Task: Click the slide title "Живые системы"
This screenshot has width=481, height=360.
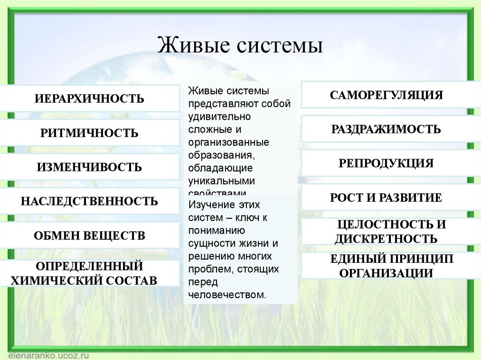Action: click(x=240, y=46)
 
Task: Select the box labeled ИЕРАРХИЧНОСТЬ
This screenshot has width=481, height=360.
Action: click(x=89, y=99)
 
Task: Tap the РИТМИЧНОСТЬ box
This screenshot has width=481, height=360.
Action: click(x=89, y=133)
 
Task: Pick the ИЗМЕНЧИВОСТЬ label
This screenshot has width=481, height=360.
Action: click(x=89, y=167)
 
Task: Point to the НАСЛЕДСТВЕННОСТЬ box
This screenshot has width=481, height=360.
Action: click(x=89, y=201)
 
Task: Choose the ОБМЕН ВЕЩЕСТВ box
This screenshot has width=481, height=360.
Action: click(x=89, y=236)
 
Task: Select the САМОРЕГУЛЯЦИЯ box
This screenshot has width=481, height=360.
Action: click(x=386, y=95)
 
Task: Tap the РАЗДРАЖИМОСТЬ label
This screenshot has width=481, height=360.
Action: click(x=386, y=129)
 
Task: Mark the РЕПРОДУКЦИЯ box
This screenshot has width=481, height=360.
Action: click(x=386, y=163)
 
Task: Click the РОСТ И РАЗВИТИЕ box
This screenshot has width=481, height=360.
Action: click(x=386, y=198)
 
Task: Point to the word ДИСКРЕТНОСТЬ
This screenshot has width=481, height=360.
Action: click(x=386, y=239)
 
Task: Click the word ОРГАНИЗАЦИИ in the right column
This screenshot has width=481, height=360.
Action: click(x=386, y=273)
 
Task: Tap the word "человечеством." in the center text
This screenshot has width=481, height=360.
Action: click(x=227, y=295)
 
